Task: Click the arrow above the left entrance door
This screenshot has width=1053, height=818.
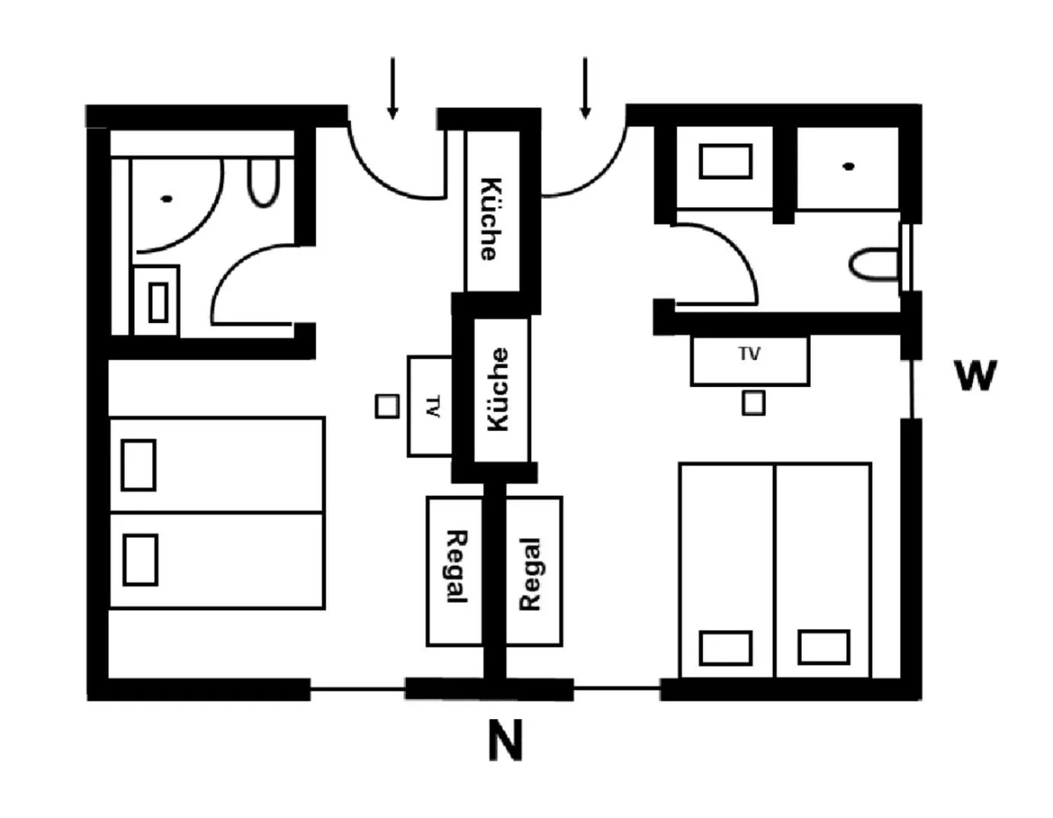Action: click(392, 88)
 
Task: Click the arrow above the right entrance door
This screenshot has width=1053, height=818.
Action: click(585, 88)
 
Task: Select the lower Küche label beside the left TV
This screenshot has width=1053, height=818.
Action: click(498, 389)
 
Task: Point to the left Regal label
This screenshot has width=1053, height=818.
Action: click(455, 567)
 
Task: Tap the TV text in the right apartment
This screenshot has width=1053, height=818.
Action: click(749, 353)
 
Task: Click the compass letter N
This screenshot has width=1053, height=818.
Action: click(506, 740)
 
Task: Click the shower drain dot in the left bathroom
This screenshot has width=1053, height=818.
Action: click(167, 199)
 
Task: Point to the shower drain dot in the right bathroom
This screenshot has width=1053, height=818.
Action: click(848, 166)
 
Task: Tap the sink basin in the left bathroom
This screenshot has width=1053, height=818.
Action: click(158, 302)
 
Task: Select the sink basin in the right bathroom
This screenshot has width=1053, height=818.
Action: click(726, 161)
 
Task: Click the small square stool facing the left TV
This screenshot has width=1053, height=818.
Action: click(387, 406)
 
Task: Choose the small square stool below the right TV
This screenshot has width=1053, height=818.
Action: click(753, 402)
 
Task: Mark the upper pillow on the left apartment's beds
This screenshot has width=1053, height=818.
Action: click(139, 465)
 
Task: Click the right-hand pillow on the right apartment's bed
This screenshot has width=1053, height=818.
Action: click(824, 647)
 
